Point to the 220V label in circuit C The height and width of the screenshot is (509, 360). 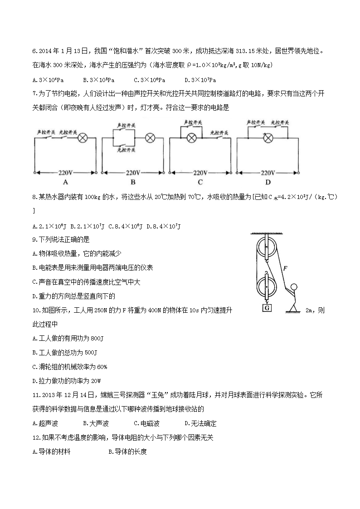tap(200, 173)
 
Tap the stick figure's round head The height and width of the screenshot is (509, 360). tap(294, 286)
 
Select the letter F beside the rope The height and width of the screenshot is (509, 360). tap(284, 268)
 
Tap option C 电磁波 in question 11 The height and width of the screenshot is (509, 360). tap(146, 423)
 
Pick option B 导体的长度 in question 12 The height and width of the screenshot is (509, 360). tap(128, 451)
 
